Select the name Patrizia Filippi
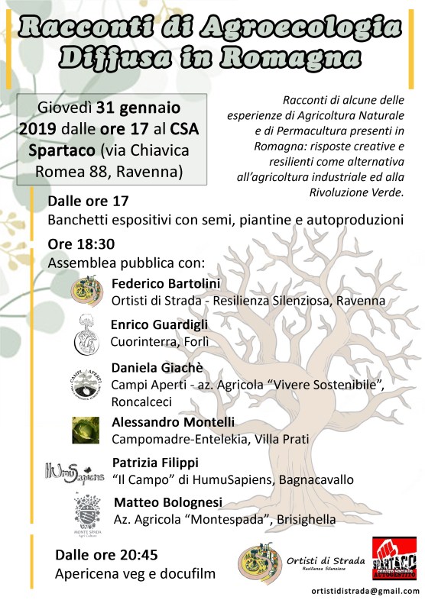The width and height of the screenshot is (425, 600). (155, 463)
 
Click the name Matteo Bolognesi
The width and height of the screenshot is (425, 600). (167, 503)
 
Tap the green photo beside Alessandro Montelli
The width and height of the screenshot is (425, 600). (86, 431)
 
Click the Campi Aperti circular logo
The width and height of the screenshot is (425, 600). (86, 381)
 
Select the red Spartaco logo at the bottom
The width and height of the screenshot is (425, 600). (394, 561)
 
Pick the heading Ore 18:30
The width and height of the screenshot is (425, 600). (81, 245)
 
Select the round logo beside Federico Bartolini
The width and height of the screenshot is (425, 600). (86, 291)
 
